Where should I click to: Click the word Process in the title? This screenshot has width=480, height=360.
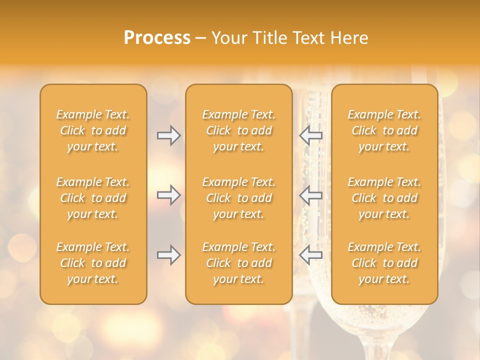pos(157,38)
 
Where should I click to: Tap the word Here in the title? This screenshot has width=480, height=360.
pos(349,38)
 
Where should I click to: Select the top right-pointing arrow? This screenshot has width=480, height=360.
pos(168,135)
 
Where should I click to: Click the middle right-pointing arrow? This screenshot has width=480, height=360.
pos(168,194)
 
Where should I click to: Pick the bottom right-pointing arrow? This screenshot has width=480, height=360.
pos(168,254)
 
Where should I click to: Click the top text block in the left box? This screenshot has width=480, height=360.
pos(93,130)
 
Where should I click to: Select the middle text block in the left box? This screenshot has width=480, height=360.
pos(93,198)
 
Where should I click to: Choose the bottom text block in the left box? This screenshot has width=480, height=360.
pos(93,263)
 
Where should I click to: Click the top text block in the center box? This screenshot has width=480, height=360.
pos(238,130)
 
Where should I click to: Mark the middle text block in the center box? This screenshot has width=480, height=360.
pos(238,198)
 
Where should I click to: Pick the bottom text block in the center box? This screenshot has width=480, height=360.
pos(238,263)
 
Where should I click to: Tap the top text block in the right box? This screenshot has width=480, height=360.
pos(384,130)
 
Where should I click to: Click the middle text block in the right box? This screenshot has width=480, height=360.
pos(384,198)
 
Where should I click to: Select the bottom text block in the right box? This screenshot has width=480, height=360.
pos(384,263)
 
